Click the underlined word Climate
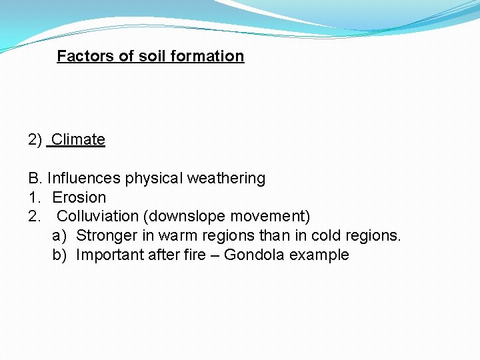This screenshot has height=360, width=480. (x=78, y=140)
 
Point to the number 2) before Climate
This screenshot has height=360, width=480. (x=35, y=140)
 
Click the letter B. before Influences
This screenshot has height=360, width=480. (x=35, y=179)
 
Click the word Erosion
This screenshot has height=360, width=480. (x=79, y=198)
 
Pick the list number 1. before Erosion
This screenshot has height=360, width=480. (x=34, y=198)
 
